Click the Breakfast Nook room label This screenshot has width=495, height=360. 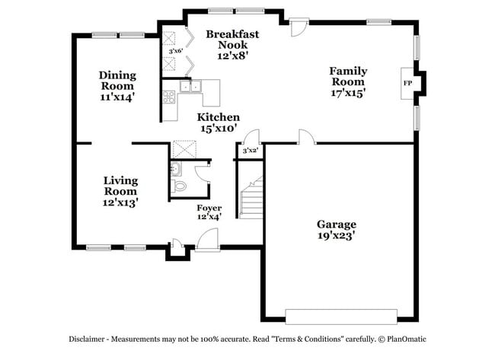coord(232,45)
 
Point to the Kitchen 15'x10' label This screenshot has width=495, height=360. coord(219,123)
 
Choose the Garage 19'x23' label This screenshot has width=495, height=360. coord(336,230)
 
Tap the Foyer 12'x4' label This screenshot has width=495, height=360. coord(209,212)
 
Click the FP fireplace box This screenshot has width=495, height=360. coord(407,82)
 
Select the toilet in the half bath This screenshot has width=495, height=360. coord(180,186)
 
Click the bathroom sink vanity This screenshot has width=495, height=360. coord(177,168)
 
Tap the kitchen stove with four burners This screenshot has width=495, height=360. coord(169,97)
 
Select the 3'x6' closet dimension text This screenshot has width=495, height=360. coord(175,52)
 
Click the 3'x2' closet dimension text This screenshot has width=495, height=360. coord(250,151)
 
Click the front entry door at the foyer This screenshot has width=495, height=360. coord(206,240)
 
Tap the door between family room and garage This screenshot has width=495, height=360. coord(307,137)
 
